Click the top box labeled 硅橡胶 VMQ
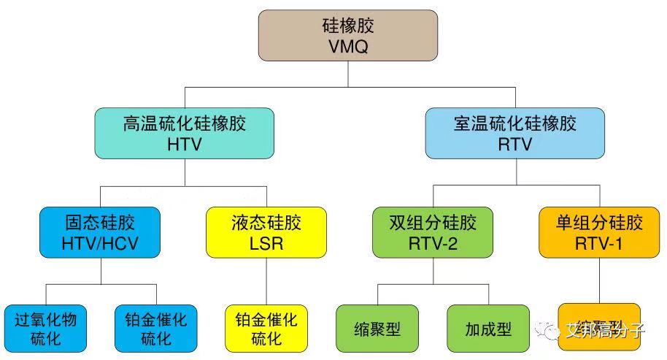348,35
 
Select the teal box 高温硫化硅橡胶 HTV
185,133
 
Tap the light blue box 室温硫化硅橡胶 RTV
515,133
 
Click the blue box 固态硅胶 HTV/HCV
101,231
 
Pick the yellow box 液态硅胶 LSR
266,231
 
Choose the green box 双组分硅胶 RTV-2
433,231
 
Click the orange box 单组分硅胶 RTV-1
600,231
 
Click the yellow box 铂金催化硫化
266,329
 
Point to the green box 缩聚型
377,329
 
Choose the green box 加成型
488,329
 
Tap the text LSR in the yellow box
266,242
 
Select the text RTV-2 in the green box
433,242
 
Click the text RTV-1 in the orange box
600,242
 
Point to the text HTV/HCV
101,242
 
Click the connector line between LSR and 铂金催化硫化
266,281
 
